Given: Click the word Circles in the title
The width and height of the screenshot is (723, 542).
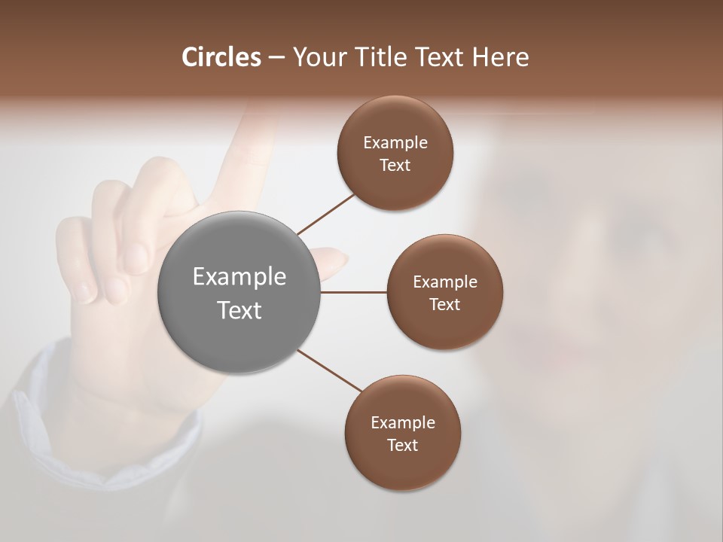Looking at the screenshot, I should click(x=221, y=57).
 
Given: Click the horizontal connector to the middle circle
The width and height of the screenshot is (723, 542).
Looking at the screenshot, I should click(x=354, y=292).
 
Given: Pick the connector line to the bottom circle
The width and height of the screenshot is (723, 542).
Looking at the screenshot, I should click(x=330, y=371).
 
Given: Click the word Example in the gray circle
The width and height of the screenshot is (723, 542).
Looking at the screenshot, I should click(x=239, y=277).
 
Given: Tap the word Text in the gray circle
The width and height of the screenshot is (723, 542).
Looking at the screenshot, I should click(x=239, y=310).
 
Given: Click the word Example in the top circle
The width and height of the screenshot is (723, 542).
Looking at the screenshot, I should click(x=395, y=143).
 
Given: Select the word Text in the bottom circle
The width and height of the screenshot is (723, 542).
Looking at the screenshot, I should click(x=403, y=445).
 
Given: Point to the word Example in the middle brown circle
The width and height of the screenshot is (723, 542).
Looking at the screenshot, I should click(x=445, y=282).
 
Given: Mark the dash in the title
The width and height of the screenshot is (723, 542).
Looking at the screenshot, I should click(x=276, y=58).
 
